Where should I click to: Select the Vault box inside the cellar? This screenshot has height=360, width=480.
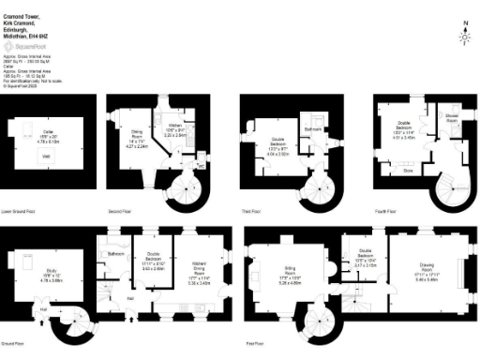[47, 157]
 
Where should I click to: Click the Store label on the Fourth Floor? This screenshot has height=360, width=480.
[408, 171]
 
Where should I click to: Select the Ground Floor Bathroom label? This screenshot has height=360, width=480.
[116, 253]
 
